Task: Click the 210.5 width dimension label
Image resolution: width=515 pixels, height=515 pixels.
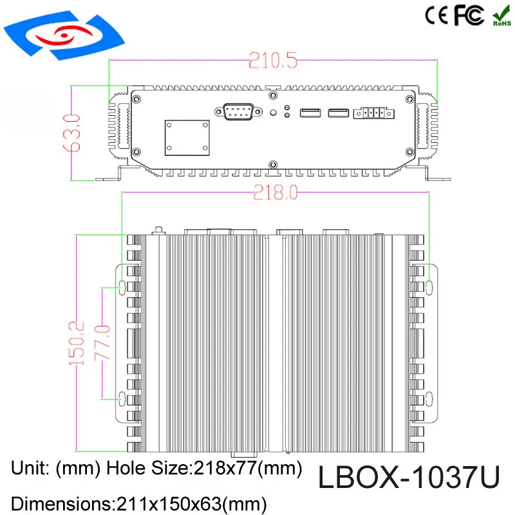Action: [x=274, y=62]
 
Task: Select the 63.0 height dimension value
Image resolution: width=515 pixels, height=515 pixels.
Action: [x=72, y=132]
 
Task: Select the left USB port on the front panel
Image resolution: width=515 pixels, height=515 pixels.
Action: [x=310, y=113]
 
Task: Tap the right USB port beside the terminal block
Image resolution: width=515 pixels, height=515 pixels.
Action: [x=339, y=113]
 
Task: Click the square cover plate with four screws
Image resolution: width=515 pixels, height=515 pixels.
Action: [x=187, y=137]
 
